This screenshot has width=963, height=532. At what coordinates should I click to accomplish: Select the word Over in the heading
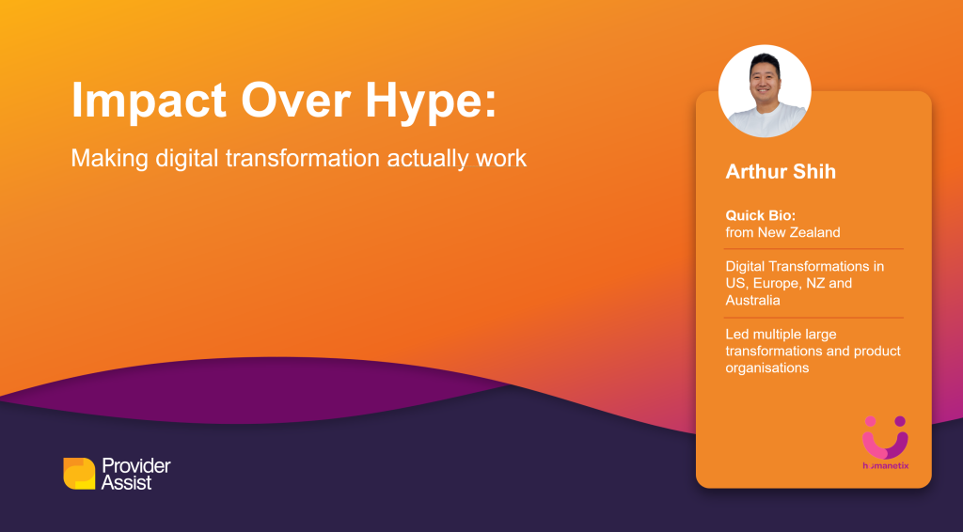pyautogui.click(x=296, y=101)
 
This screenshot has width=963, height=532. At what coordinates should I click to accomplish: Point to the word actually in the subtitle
pyautogui.click(x=428, y=159)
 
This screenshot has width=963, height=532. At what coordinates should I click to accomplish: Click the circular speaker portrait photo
pyautogui.click(x=765, y=91)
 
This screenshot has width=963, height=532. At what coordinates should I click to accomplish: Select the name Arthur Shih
pyautogui.click(x=781, y=171)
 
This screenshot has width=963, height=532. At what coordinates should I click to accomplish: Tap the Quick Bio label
pyautogui.click(x=760, y=215)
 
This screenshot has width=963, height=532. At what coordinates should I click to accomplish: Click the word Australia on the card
pyautogui.click(x=753, y=300)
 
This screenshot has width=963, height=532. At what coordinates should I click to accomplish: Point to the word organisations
pyautogui.click(x=767, y=368)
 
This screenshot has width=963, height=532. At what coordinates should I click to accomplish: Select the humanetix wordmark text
pyautogui.click(x=885, y=465)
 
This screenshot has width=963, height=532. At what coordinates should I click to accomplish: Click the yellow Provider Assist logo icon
pyautogui.click(x=79, y=474)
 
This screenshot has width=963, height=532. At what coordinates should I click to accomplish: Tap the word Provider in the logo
pyautogui.click(x=136, y=465)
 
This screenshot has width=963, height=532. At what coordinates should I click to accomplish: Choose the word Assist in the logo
pyautogui.click(x=127, y=483)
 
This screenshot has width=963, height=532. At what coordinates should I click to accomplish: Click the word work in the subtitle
pyautogui.click(x=501, y=158)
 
